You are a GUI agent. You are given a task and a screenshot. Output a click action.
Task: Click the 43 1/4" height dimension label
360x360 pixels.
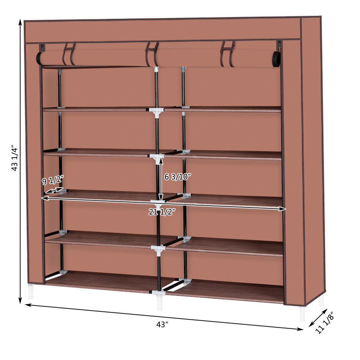[14, 158]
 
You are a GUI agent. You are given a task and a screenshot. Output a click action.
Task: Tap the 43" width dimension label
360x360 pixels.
[162, 325]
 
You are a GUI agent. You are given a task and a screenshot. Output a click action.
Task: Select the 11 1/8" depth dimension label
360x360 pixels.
[324, 324]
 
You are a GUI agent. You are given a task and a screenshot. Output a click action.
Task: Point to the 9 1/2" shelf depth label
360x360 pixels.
[53, 180]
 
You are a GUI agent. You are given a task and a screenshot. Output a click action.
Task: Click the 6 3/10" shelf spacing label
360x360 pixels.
[178, 177]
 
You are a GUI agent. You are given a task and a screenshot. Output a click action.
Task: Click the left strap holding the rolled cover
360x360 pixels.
[69, 54]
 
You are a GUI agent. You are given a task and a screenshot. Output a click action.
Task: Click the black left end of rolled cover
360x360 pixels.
[39, 58]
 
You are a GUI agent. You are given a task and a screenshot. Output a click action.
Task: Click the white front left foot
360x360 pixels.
[31, 292]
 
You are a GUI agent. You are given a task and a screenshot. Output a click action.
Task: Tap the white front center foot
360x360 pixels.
[160, 303]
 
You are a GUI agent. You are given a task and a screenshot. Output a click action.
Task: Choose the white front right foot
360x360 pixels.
[302, 314]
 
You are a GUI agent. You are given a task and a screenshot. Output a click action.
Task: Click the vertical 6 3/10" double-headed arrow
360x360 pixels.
[161, 178]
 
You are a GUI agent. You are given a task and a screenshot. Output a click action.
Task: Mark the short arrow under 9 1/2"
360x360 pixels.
[54, 190]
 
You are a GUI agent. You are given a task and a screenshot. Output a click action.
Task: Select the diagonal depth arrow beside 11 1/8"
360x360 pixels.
[318, 318]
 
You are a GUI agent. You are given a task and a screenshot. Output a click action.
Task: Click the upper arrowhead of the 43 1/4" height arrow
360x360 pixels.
[20, 22]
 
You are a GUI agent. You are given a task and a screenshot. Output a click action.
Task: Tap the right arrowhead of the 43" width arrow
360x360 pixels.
[300, 329]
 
